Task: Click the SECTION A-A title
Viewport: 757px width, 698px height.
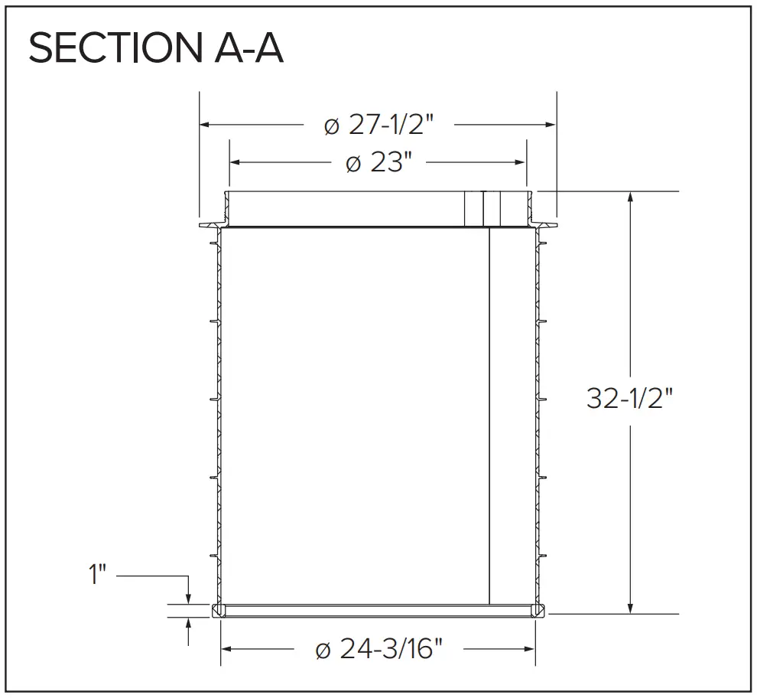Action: pos(155,49)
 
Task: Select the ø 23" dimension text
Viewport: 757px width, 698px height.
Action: pos(379,162)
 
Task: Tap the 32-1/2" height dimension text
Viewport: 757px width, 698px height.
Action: pos(632,398)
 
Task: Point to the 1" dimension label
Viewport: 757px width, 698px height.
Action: pos(97,574)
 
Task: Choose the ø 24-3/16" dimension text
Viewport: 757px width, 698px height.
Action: pos(379,649)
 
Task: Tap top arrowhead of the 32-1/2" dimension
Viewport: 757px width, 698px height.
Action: pos(630,196)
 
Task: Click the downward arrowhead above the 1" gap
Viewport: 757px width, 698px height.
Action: pos(188,599)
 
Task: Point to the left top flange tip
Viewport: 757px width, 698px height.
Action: pos(201,226)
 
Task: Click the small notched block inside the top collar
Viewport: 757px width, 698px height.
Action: pos(482,208)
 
